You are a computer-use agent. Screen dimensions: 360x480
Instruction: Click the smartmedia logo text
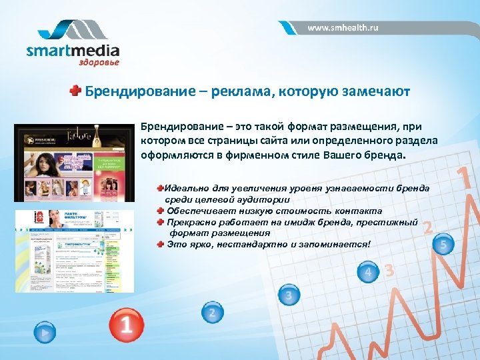pos(73,51)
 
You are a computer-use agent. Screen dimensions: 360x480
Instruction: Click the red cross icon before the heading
pos(77,91)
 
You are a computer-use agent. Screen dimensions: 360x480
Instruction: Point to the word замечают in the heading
pos(377,91)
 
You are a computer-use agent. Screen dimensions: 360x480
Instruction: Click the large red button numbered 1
pos(126,323)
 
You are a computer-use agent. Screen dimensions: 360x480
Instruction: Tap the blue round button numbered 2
pos(212,313)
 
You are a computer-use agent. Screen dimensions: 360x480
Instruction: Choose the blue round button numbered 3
pos(288,295)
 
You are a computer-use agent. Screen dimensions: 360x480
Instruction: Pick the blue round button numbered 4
pos(368,272)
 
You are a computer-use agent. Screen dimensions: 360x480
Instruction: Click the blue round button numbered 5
pos(443,245)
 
